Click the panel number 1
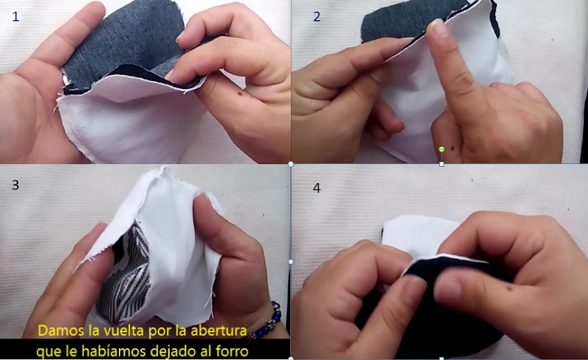pyautogui.click(x=16, y=17)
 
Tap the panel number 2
pyautogui.click(x=317, y=17)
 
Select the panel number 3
pyautogui.click(x=16, y=185)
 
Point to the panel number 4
pyautogui.click(x=317, y=188)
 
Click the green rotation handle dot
pyautogui.click(x=442, y=149)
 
